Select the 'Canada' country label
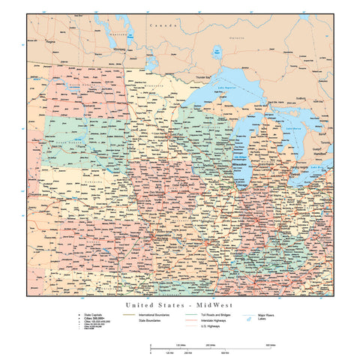[160, 25]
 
